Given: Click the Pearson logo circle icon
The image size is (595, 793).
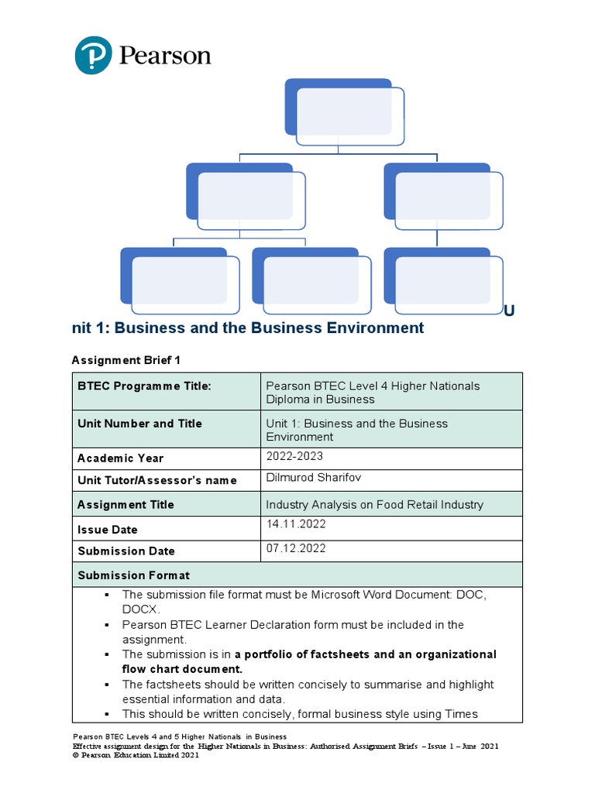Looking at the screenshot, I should coord(94,56).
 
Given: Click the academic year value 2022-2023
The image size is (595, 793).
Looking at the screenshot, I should coord(294,456).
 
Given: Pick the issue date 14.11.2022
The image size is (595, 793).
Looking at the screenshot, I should coord(296,524).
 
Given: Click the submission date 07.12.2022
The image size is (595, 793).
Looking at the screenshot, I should coord(296,548).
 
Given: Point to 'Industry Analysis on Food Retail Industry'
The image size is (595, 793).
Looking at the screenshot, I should coord(374,505).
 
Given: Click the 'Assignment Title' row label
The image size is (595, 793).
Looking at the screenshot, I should coord(126,505).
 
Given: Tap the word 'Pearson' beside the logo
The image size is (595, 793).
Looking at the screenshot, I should coord(165,56).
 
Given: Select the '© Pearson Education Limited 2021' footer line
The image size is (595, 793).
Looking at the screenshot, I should coord(136,756).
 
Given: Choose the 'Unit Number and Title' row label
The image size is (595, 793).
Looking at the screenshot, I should coord(139,424).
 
